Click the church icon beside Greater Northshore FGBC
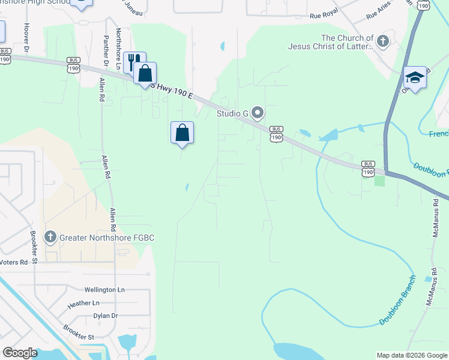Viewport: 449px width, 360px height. (51, 238)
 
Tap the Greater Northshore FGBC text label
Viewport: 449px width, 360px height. (107, 238)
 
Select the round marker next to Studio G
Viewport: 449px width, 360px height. (258, 112)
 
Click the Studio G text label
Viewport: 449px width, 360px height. (233, 113)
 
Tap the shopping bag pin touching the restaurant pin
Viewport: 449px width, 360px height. (145, 74)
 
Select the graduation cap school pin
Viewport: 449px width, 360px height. (415, 77)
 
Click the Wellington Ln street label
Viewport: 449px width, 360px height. (104, 290)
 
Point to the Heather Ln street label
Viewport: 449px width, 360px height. (83, 304)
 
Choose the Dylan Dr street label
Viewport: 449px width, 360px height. (106, 316)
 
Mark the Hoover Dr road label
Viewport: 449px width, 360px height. (26, 38)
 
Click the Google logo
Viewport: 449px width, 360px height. (20, 352)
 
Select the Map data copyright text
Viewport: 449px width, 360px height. (412, 355)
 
